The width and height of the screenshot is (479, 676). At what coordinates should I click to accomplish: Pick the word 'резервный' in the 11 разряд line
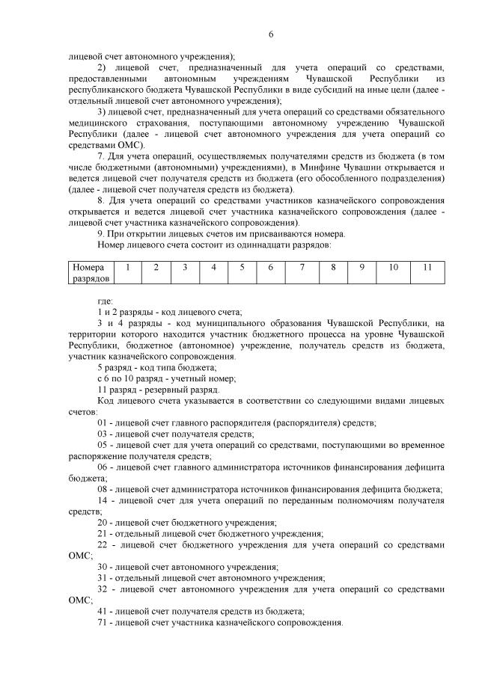pos(158,390)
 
